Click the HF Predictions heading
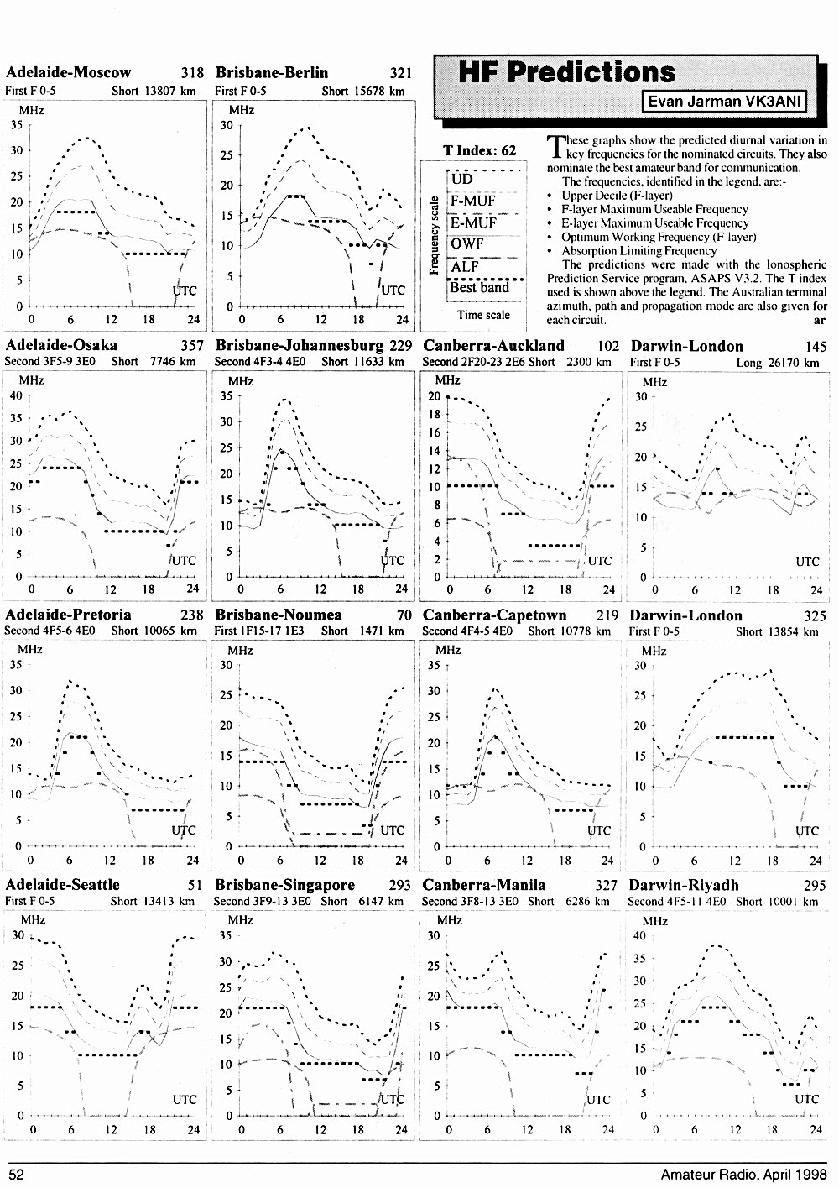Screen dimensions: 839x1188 (566, 72)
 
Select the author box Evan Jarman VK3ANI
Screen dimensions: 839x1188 (724, 102)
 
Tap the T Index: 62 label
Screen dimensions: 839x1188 (480, 150)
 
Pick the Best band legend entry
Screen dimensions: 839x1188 (479, 287)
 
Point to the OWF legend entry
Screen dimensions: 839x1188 (467, 244)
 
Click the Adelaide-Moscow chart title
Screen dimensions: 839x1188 (68, 72)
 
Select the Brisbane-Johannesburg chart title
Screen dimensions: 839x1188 (300, 345)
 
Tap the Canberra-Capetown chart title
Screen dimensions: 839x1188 (494, 615)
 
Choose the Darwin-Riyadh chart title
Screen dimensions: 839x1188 (684, 885)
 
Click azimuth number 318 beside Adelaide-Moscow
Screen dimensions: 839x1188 (192, 73)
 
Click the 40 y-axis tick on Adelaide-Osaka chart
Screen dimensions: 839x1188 (16, 395)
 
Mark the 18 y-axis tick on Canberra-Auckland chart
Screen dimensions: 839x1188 (434, 414)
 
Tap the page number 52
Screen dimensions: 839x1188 (17, 1175)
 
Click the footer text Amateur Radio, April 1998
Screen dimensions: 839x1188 (743, 1175)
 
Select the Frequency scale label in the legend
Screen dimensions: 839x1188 (434, 235)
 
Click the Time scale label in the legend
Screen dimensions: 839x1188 (483, 315)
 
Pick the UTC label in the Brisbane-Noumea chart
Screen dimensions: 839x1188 (392, 830)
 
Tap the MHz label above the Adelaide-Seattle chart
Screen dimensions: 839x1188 (33, 919)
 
